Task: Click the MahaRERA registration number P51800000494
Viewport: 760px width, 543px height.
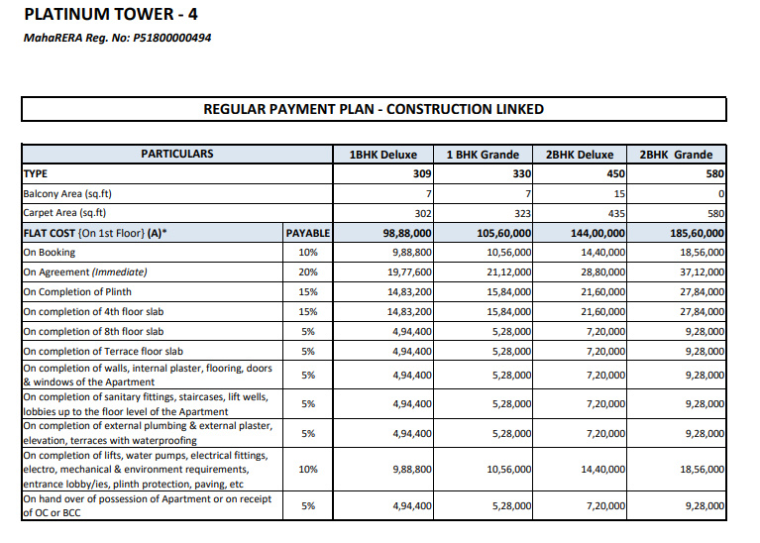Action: pos(117,39)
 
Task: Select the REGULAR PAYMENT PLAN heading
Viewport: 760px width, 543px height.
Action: pos(374,109)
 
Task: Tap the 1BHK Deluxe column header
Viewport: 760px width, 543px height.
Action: pos(383,155)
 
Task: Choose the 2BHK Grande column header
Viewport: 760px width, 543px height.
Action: pos(676,155)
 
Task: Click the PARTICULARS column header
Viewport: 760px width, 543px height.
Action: pos(176,154)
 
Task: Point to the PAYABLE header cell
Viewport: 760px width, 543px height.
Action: pos(307,233)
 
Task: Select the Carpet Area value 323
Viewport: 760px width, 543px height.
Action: pos(522,213)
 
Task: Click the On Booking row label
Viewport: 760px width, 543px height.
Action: pos(50,253)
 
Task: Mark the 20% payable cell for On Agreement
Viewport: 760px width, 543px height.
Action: pos(307,272)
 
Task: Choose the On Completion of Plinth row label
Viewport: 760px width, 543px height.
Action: pos(77,292)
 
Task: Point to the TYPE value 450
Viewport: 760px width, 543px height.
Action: pos(615,173)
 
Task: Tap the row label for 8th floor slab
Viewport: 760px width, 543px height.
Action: pos(93,332)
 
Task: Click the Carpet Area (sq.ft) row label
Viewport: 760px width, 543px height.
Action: pos(65,213)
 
